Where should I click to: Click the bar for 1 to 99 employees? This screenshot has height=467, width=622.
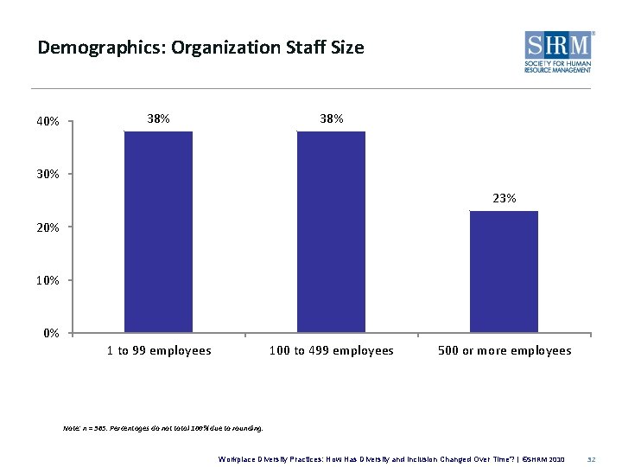click(158, 232)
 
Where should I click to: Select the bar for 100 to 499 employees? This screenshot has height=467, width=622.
click(331, 232)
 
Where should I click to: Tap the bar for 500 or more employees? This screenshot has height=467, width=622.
click(504, 272)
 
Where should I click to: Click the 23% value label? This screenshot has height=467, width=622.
click(505, 198)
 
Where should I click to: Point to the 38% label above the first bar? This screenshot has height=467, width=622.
click(158, 118)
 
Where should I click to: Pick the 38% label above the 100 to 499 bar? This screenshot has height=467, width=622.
click(332, 118)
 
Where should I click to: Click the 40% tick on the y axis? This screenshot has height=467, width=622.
click(48, 122)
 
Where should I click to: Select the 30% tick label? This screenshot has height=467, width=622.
click(48, 175)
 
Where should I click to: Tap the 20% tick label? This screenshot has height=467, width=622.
click(48, 227)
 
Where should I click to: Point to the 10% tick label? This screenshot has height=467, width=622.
click(48, 281)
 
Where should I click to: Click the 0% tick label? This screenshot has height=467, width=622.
click(50, 333)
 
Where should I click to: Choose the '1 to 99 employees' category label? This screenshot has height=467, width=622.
click(159, 350)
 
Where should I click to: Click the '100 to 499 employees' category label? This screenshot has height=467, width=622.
click(332, 350)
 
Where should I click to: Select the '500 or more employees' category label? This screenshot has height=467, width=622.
click(505, 350)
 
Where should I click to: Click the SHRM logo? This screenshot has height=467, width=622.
click(558, 53)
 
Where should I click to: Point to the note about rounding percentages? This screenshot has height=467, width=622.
click(163, 427)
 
